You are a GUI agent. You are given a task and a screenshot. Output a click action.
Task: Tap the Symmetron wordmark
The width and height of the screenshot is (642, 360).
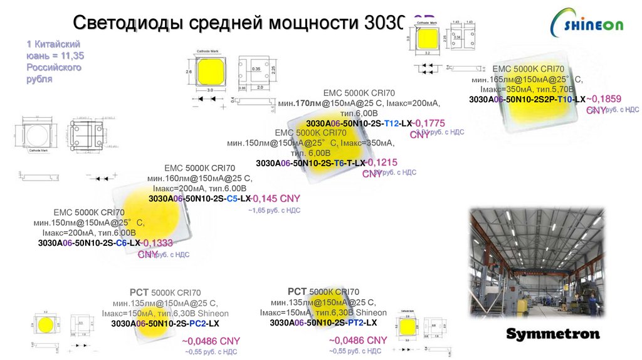(552, 334)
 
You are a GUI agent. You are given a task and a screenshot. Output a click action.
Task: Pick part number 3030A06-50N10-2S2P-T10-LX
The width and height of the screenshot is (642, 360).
(527, 100)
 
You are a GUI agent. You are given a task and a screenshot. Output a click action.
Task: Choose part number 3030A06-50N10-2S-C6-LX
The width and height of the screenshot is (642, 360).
(89, 243)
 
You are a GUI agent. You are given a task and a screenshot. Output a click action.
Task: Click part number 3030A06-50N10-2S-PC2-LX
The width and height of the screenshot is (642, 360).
(165, 324)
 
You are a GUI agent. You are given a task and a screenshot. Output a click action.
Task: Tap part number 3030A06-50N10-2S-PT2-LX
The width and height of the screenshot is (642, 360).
(323, 322)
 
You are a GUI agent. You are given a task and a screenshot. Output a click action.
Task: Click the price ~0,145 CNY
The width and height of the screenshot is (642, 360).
(276, 199)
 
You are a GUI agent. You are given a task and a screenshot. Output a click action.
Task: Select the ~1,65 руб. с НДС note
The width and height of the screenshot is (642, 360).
(274, 211)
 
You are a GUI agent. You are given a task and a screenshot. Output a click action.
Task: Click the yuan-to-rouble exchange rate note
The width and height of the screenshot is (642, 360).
(55, 61)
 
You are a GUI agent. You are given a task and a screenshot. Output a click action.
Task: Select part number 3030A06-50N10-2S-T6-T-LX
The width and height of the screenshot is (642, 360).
(310, 163)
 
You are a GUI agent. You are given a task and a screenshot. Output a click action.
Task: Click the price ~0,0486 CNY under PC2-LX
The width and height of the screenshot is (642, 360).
(211, 341)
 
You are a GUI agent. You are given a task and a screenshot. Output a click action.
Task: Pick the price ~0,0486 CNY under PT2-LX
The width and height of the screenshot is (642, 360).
(358, 340)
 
